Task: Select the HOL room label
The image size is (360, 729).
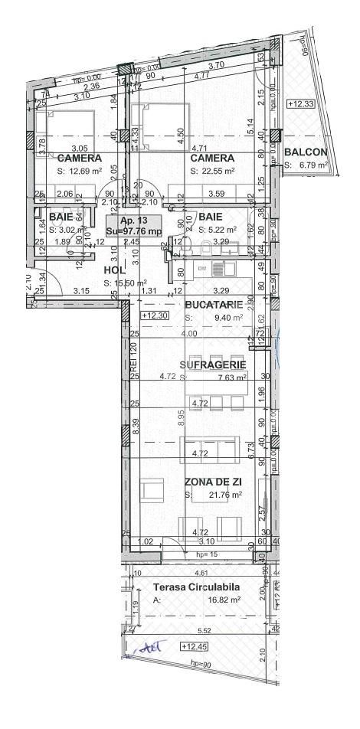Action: point(114,270)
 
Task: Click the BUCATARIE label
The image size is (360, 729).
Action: point(214,304)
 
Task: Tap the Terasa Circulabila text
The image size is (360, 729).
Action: point(197,587)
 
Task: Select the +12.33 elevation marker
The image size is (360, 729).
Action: point(300,103)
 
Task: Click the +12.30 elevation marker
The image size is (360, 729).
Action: point(155,315)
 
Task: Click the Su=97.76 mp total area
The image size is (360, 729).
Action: point(134,230)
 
